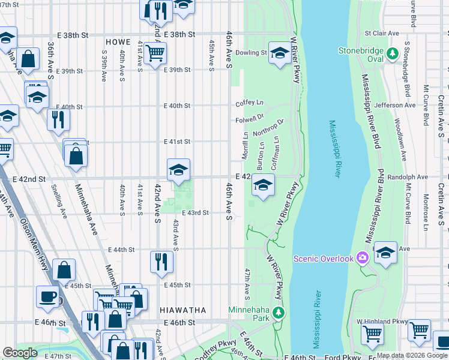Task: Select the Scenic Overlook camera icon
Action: tap(361, 258)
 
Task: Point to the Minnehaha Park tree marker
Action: tap(278, 312)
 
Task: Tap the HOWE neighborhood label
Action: tap(118, 42)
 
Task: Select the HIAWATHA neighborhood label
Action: tap(183, 310)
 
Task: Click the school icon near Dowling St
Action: tap(280, 53)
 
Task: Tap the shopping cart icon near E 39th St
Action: tap(155, 52)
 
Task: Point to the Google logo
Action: tap(20, 353)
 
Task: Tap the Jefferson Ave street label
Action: tap(394, 105)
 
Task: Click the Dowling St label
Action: tap(252, 53)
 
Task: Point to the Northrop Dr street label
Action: tap(268, 127)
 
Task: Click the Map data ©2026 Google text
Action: tap(412, 355)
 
